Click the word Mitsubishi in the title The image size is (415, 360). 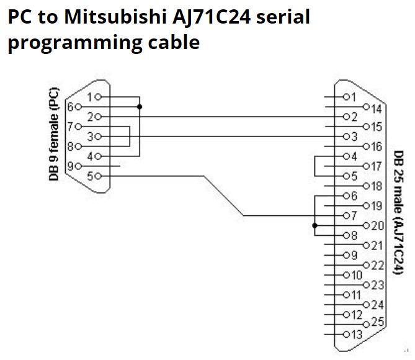click(115, 16)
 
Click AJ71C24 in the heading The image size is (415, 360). click(211, 17)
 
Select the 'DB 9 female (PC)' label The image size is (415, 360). click(54, 134)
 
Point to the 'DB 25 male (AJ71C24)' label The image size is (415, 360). click(399, 213)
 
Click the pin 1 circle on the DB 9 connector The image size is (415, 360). click(98, 97)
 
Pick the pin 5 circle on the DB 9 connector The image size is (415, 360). click(98, 176)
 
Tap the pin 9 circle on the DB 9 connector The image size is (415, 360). click(78, 166)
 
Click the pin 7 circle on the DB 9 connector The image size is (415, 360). click(78, 127)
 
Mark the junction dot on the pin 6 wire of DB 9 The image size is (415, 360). click(140, 107)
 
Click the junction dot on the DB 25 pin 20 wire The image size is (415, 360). click(315, 226)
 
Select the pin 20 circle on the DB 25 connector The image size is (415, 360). click(366, 226)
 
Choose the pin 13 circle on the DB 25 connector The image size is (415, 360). click(346, 335)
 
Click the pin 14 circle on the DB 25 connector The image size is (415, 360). click(366, 107)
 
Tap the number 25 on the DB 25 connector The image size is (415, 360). click(378, 322)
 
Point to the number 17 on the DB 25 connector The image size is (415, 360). click(377, 166)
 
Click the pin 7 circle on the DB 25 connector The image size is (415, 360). click(346, 215)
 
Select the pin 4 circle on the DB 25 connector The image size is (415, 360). click(346, 156)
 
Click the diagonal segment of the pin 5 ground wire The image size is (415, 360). click(224, 196)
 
